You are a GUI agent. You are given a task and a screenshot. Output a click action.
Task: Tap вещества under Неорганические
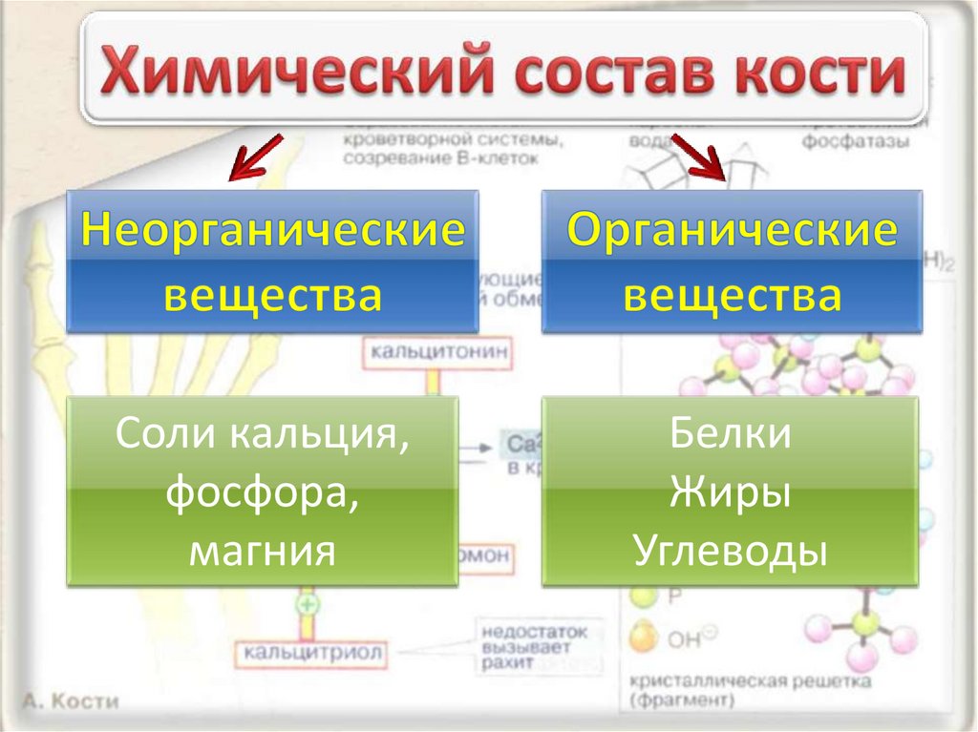point(272,295)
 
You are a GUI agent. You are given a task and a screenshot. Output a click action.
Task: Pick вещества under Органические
point(733,295)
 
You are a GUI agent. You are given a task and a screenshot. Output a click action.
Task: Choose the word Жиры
point(730,493)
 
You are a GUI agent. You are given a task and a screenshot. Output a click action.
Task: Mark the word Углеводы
point(730,551)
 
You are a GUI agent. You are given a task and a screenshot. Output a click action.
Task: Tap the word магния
point(262,551)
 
